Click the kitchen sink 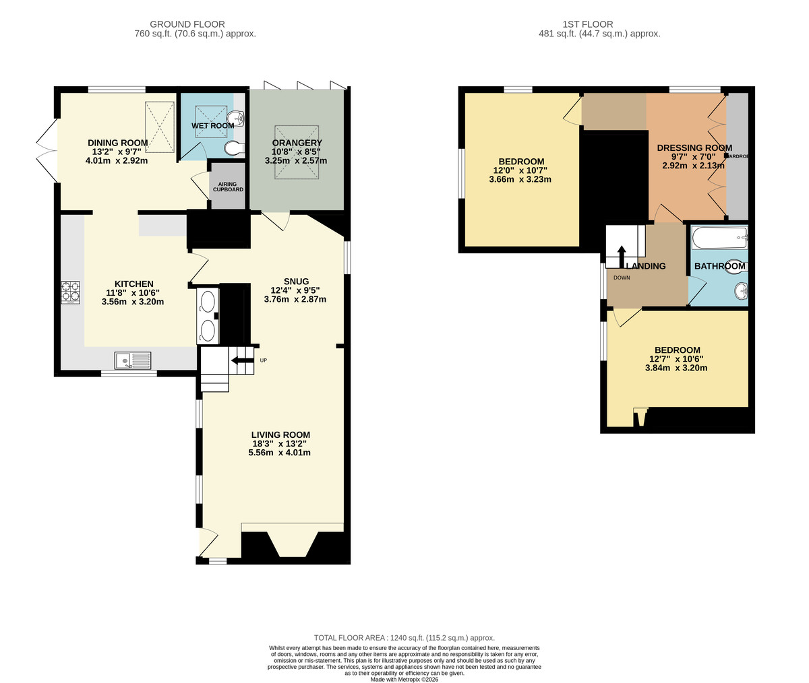[x=133, y=361]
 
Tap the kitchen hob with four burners [x=70, y=292]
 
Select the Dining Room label [x=117, y=143]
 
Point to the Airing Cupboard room [x=228, y=186]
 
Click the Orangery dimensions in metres [x=296, y=161]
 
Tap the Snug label [x=296, y=282]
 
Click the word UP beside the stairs [x=264, y=360]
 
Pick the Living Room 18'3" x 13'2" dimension [x=279, y=444]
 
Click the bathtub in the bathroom [x=719, y=238]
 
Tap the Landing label [x=645, y=266]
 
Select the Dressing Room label [x=694, y=148]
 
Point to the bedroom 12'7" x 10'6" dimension [x=676, y=359]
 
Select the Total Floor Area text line [x=404, y=637]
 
